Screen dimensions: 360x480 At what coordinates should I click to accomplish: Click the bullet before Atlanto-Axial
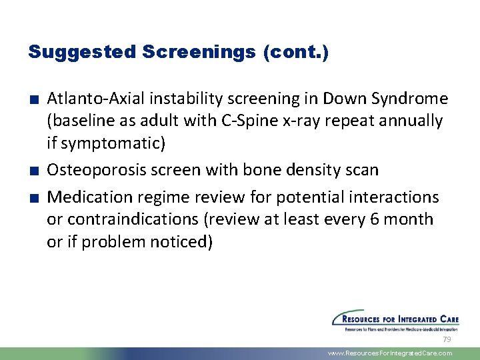coord(32,100)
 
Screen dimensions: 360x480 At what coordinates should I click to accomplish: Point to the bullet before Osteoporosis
coord(32,171)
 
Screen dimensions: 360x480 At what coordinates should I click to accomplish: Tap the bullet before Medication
coord(32,198)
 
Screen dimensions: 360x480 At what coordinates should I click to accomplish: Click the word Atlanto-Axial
coord(97,99)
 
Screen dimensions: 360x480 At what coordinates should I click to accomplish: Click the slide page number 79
coord(447,339)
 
